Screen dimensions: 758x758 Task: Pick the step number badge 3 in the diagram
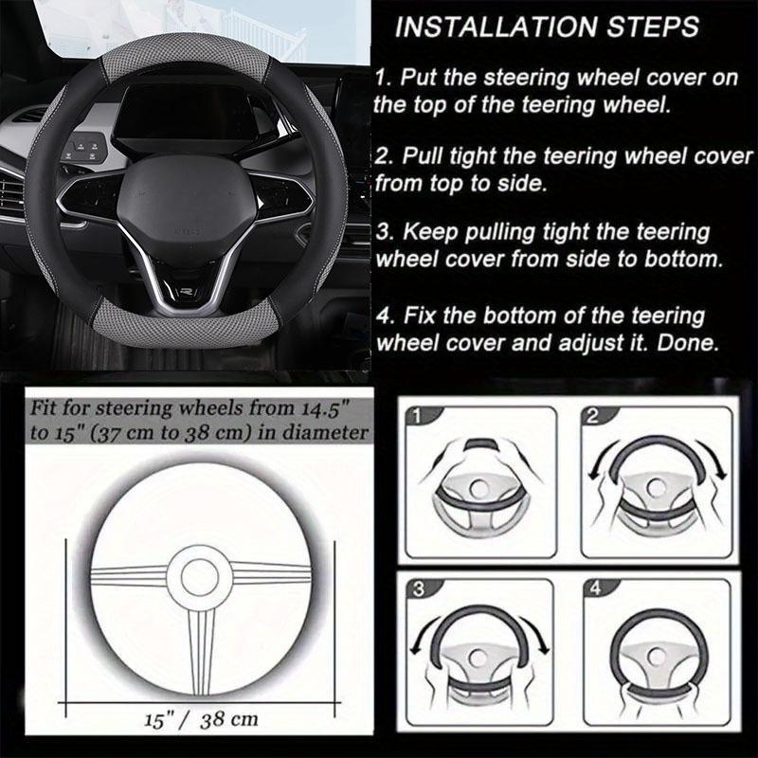[x=418, y=589]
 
